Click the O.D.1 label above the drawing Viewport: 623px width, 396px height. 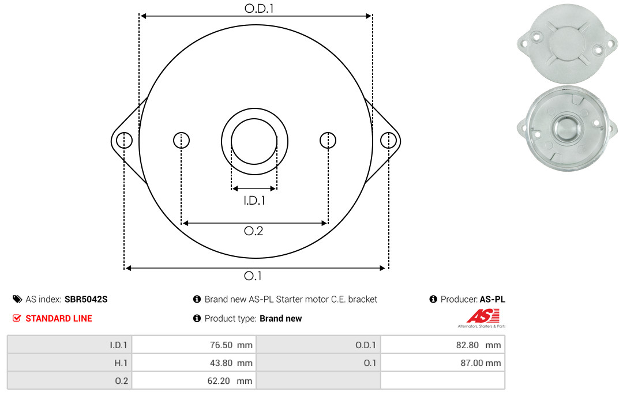(x=259, y=8)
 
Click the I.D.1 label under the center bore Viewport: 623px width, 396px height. (x=254, y=201)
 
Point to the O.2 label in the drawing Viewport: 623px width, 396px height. (x=253, y=231)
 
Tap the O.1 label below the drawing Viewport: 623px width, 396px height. (x=253, y=276)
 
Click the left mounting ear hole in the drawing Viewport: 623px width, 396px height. (x=125, y=140)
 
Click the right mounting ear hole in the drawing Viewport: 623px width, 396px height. (x=388, y=140)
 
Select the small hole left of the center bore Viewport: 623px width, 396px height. (x=181, y=140)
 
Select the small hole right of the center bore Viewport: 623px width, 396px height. (x=328, y=140)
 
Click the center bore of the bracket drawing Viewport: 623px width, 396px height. (x=254, y=141)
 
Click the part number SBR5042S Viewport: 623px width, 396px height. (x=86, y=299)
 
